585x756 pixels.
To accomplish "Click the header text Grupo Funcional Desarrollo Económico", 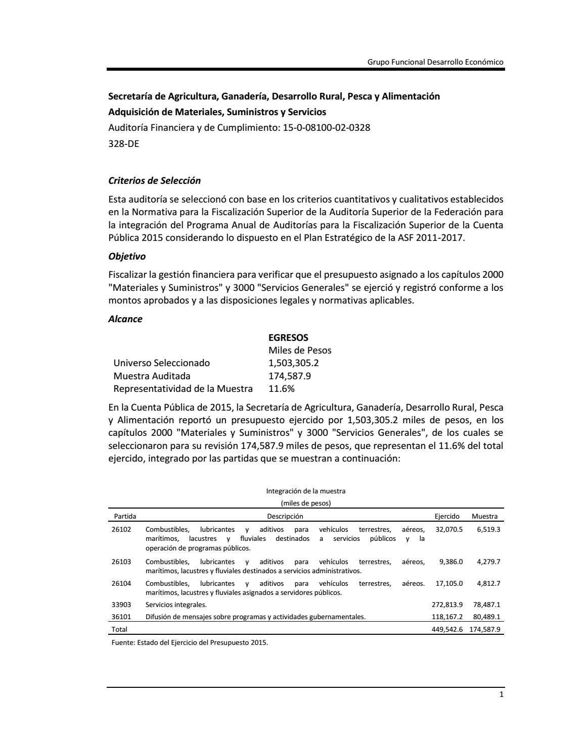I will tap(435, 62).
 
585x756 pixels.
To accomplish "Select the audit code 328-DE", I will tap(123, 143).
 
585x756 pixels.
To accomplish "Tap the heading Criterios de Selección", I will tap(154, 181).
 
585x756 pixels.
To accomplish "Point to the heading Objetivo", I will tap(127, 257).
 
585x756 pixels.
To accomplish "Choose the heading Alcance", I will tap(125, 319).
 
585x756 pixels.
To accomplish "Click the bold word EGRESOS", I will tap(288, 337).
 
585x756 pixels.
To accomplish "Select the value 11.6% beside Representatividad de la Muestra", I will tap(281, 389).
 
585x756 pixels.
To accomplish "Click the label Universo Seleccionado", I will tap(161, 363).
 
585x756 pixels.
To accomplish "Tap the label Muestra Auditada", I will tap(152, 376).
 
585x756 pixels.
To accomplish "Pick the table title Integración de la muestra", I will tap(305, 491).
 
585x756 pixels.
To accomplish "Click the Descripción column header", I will tap(285, 516).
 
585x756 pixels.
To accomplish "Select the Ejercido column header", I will tap(447, 516).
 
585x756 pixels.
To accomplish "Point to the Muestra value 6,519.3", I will tap(488, 529).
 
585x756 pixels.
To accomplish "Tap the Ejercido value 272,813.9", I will tap(445, 604).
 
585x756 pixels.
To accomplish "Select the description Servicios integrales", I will tap(176, 604).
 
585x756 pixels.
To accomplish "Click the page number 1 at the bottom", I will tap(501, 694).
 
